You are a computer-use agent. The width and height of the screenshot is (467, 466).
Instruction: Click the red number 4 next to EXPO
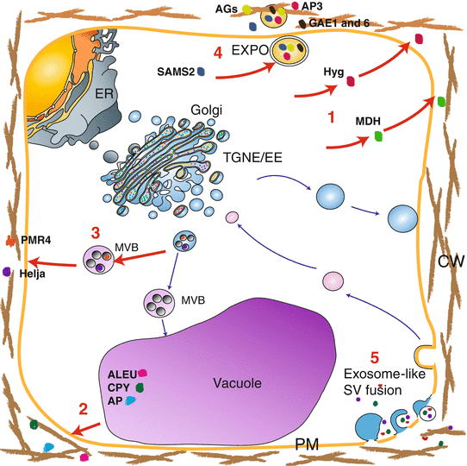click(x=219, y=54)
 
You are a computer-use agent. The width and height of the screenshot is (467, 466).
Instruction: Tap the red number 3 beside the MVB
click(x=97, y=232)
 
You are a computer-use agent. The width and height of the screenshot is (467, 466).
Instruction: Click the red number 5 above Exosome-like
click(x=373, y=357)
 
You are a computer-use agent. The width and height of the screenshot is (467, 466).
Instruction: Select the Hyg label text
click(x=332, y=75)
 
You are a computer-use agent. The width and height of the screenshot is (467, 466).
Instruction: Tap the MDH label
click(x=368, y=133)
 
